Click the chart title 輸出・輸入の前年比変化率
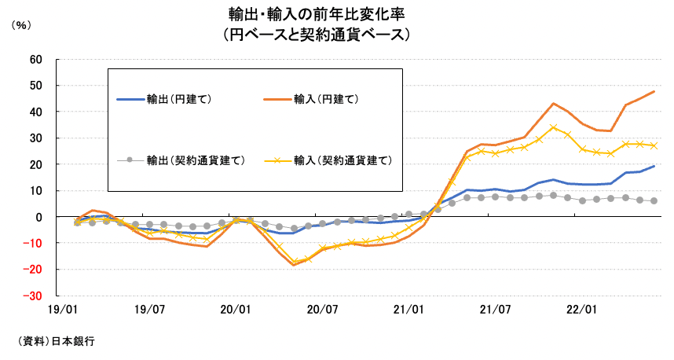pyautogui.click(x=317, y=14)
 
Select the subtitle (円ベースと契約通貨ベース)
pyautogui.click(x=317, y=35)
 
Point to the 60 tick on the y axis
pyautogui.click(x=35, y=59)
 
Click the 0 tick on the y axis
pyautogui.click(x=38, y=217)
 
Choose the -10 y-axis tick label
pyautogui.click(x=34, y=244)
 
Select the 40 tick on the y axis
pyautogui.click(x=35, y=112)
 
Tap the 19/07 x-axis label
pyautogui.click(x=149, y=310)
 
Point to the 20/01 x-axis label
pyautogui.click(x=236, y=310)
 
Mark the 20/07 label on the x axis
pyautogui.click(x=322, y=310)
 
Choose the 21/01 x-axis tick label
pyautogui.click(x=408, y=310)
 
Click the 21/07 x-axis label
pyautogui.click(x=495, y=310)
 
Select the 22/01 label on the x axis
pyautogui.click(x=581, y=310)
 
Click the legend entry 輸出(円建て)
pyautogui.click(x=180, y=99)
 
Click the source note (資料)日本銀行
pyautogui.click(x=56, y=341)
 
